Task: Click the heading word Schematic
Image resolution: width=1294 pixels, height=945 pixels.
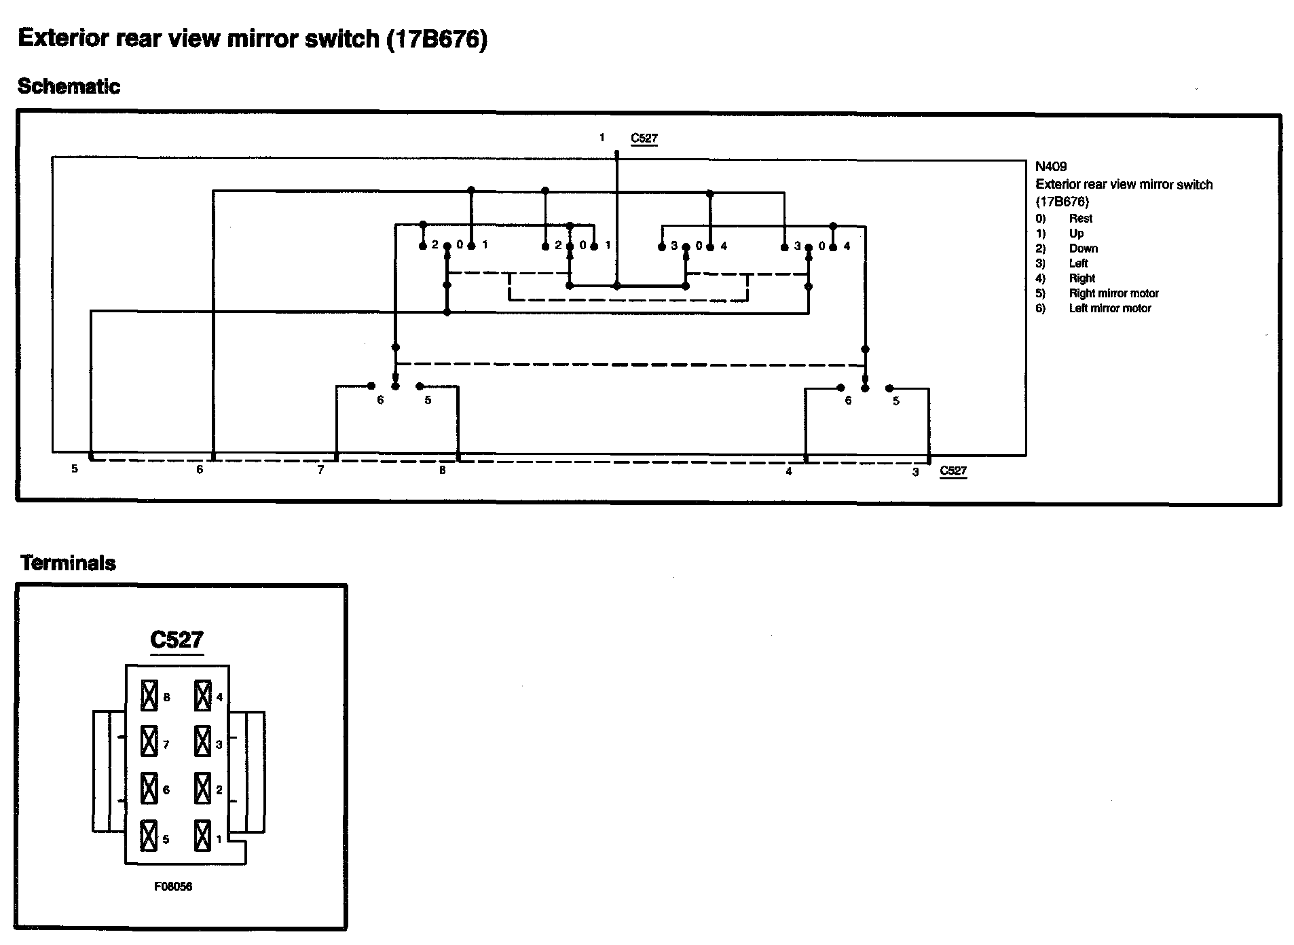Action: click(x=69, y=87)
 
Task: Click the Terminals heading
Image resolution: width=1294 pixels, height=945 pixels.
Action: click(x=68, y=563)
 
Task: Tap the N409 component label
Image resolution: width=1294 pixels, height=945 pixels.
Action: click(x=1050, y=166)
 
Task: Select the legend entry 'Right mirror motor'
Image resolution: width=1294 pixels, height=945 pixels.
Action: click(x=1113, y=293)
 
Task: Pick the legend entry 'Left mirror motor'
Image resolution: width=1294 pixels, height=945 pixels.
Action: click(x=1110, y=308)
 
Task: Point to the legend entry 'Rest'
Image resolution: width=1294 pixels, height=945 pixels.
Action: click(x=1080, y=219)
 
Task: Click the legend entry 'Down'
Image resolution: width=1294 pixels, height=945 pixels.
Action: click(x=1083, y=248)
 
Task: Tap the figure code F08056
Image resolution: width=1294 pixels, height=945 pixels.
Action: click(x=173, y=887)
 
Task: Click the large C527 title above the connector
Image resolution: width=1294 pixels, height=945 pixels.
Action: click(x=177, y=640)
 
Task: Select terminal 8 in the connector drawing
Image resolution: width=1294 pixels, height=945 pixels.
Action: click(x=149, y=697)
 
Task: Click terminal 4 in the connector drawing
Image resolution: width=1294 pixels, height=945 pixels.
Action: click(x=203, y=697)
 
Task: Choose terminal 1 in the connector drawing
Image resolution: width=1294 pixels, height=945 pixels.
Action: click(x=202, y=836)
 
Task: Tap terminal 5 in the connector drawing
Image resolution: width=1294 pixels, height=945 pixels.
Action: click(x=149, y=836)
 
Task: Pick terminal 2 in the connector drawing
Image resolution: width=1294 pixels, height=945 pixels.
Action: click(x=202, y=788)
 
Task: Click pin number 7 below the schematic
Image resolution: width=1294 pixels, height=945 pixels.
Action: click(x=321, y=470)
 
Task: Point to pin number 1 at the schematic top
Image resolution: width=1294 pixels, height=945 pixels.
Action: click(x=602, y=138)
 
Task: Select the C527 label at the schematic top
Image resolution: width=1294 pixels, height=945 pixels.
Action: click(x=644, y=139)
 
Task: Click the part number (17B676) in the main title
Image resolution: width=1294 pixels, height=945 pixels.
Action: click(x=437, y=39)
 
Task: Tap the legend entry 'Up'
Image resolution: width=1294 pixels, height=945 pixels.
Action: click(x=1077, y=234)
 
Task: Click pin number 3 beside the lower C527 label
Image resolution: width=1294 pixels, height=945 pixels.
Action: click(x=915, y=472)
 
